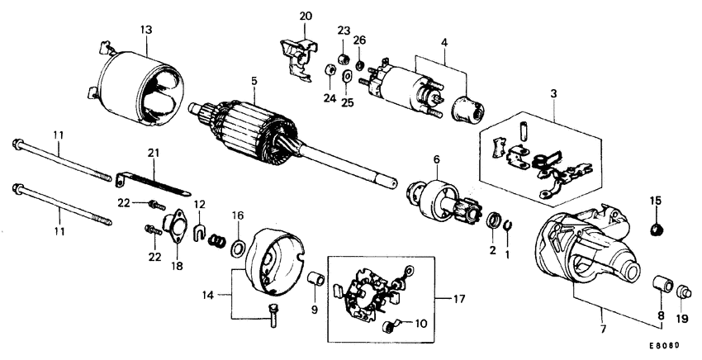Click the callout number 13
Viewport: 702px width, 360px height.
(145, 30)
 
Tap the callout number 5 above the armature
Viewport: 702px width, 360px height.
(255, 81)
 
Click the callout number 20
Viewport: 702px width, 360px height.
(306, 17)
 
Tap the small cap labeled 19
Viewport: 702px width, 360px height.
(683, 292)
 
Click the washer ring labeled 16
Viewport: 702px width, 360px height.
(237, 248)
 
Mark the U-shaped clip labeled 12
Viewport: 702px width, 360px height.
(198, 233)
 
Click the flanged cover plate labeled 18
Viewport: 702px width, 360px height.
(174, 225)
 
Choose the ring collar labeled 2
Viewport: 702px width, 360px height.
(494, 220)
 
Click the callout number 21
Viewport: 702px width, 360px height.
(152, 154)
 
